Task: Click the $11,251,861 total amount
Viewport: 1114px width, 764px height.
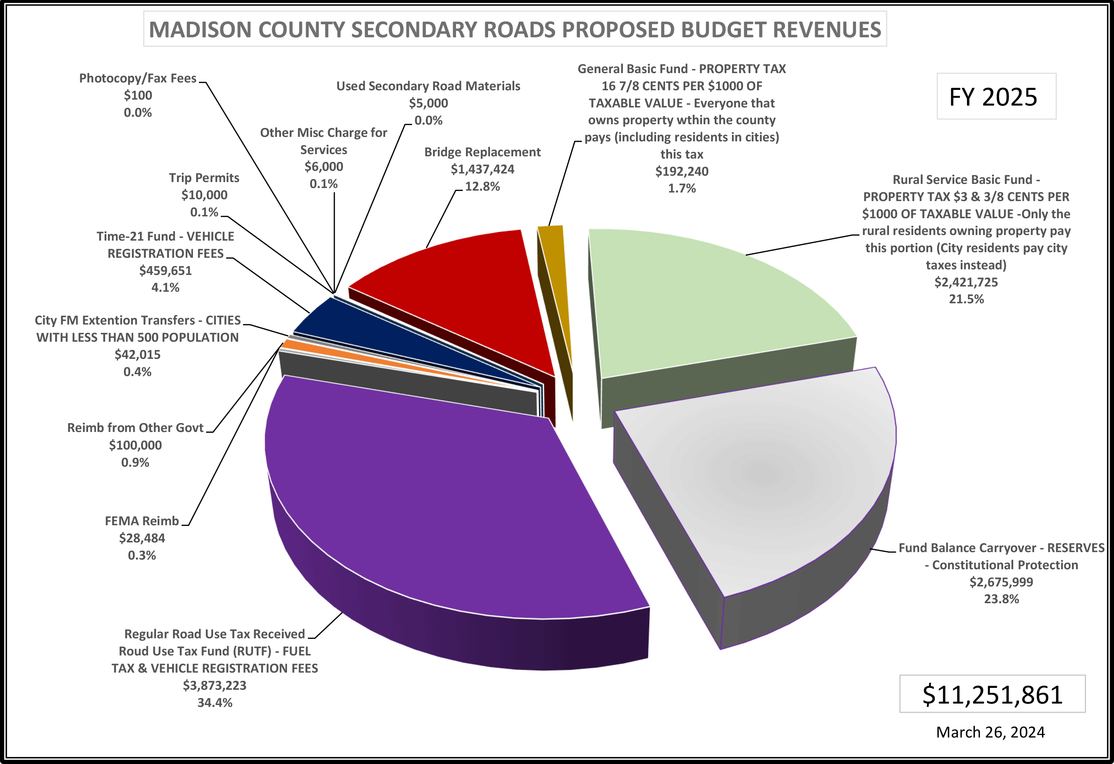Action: click(x=992, y=695)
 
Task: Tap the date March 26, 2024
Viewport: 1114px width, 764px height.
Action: click(x=990, y=732)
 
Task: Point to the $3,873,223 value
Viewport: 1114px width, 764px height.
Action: click(x=215, y=685)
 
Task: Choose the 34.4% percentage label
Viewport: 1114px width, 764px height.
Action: click(x=215, y=703)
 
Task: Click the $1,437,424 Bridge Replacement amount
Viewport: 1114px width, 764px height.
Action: click(x=482, y=169)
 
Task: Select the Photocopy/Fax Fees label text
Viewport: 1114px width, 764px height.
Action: click(x=138, y=78)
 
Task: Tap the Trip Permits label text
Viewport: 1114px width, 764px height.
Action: click(x=204, y=178)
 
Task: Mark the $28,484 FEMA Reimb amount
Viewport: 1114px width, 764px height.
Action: click(x=142, y=538)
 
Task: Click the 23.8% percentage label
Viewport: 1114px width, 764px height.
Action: click(x=1001, y=599)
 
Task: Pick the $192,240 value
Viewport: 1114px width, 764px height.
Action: click(x=681, y=172)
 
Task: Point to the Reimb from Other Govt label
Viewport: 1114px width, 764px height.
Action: click(x=135, y=428)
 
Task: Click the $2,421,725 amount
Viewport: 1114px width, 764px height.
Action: click(x=966, y=282)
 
